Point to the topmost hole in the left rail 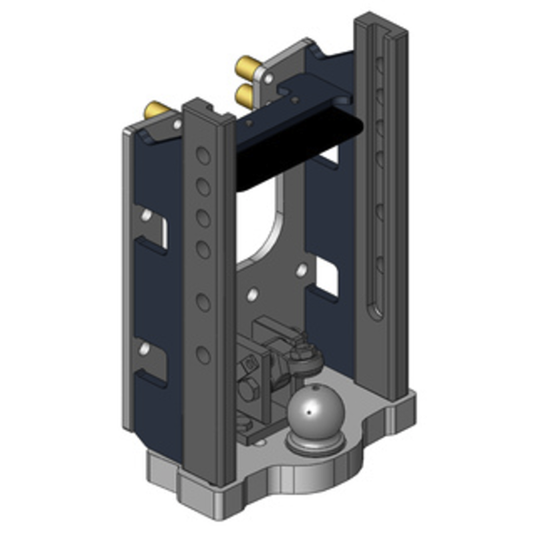click(x=203, y=156)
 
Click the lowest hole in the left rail click(x=203, y=354)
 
